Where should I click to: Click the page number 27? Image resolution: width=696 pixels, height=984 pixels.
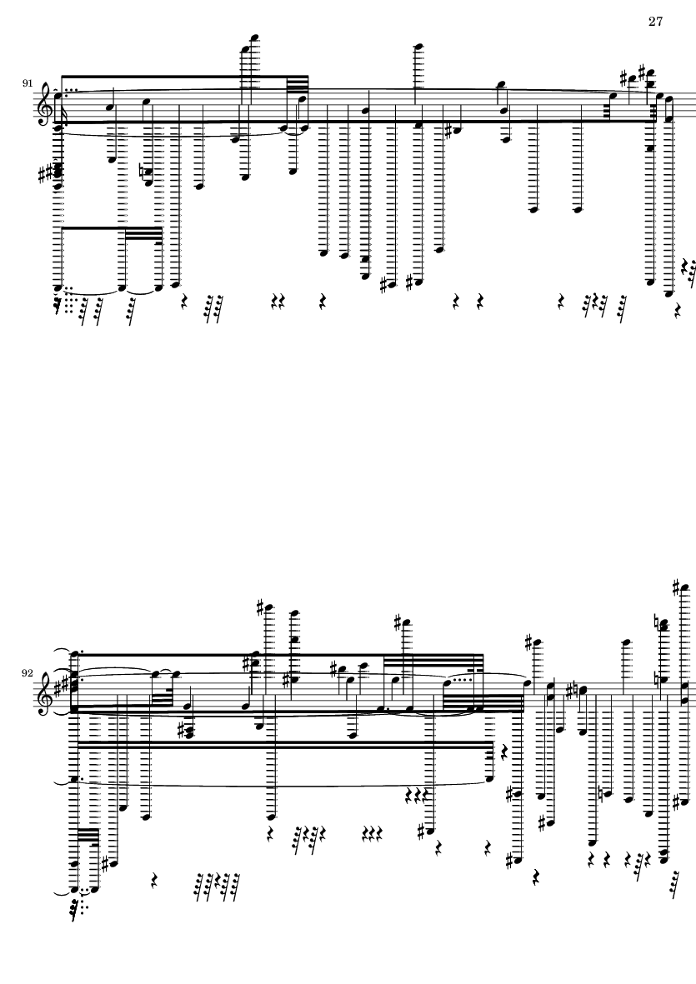[x=655, y=22]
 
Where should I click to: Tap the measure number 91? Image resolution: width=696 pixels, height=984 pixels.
[x=28, y=82]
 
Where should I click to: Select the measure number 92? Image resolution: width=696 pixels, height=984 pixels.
[x=28, y=673]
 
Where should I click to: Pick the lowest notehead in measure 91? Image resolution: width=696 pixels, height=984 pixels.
[x=668, y=293]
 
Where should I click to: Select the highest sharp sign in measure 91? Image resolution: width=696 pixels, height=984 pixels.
[x=642, y=69]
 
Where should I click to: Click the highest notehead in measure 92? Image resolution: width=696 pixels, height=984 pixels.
[x=684, y=588]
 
